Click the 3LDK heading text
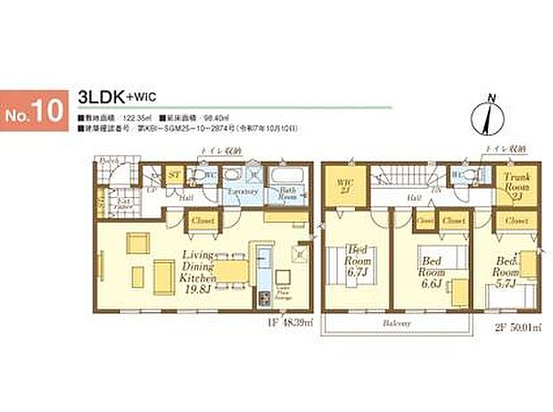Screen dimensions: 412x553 104,95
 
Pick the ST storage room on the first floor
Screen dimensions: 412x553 175,176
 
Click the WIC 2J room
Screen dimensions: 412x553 343,188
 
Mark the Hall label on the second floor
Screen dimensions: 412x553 414,198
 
